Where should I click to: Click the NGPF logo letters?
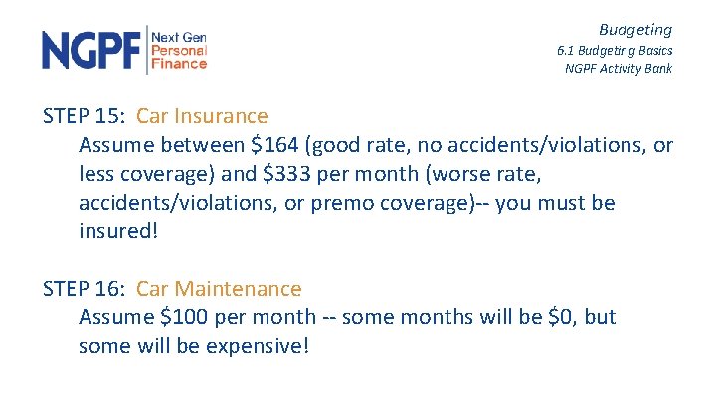click(91, 50)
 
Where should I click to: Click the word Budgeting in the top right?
click(634, 30)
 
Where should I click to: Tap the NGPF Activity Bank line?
click(619, 68)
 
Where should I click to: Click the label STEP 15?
click(85, 117)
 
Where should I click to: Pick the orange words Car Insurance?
click(202, 117)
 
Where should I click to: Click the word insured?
click(118, 232)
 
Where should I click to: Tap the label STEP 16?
click(85, 289)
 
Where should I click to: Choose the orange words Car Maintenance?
click(219, 289)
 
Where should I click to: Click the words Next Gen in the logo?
click(179, 37)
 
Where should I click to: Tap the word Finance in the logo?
click(179, 63)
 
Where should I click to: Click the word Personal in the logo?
click(179, 50)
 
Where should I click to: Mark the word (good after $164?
click(335, 146)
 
